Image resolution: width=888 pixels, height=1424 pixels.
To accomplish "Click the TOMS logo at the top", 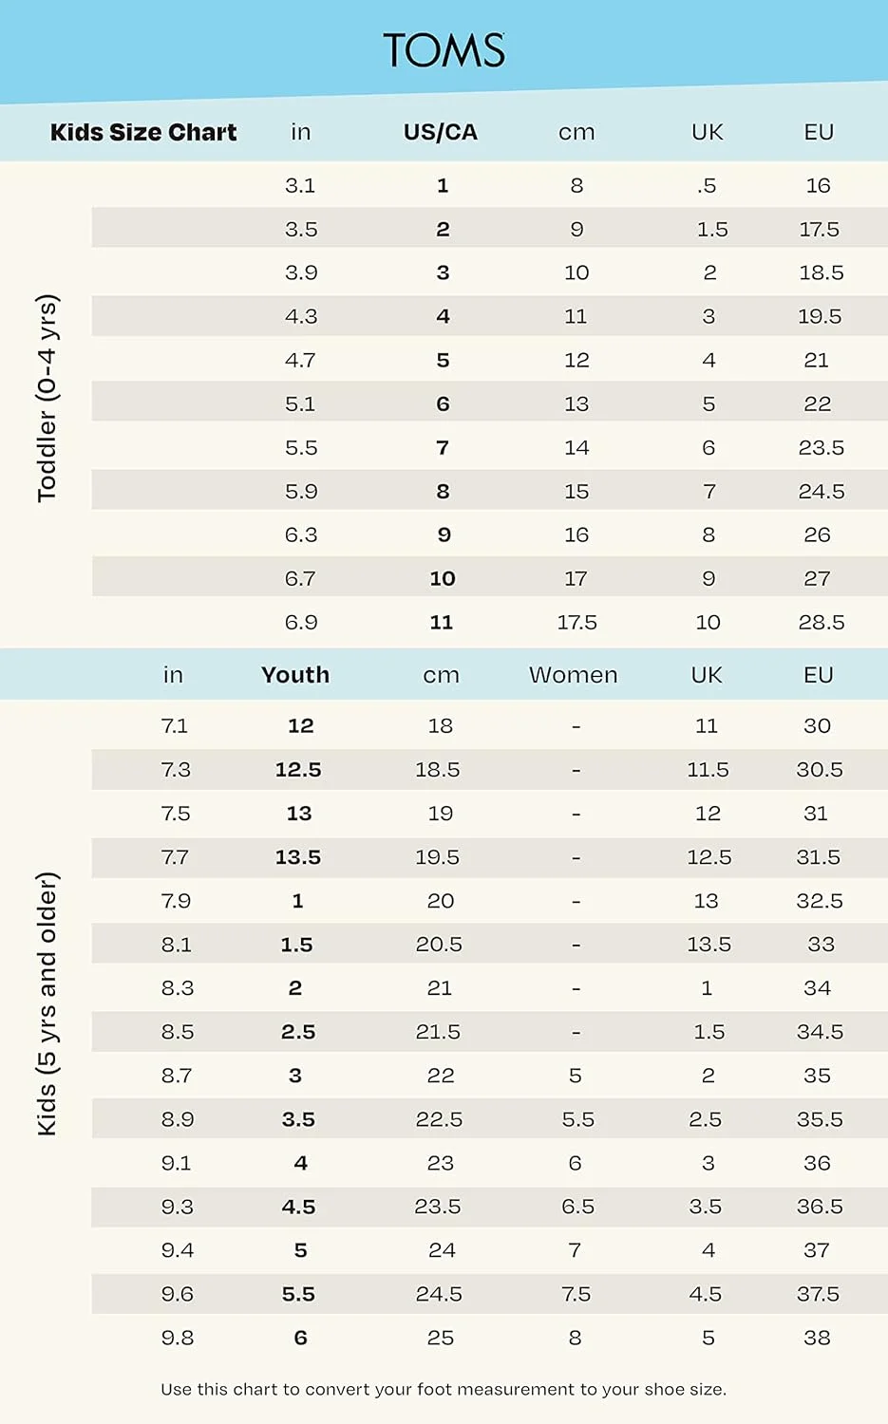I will pyautogui.click(x=444, y=50).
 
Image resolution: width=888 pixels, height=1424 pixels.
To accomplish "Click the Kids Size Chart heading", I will pyautogui.click(x=143, y=132).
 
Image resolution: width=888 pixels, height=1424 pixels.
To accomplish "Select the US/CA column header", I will pyautogui.click(x=441, y=132).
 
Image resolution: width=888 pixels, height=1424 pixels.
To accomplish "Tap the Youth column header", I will pyautogui.click(x=295, y=675).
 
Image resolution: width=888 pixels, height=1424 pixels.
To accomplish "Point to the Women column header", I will pyautogui.click(x=573, y=675).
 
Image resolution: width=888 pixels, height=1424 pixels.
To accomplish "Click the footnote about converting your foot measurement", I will pyautogui.click(x=444, y=1389).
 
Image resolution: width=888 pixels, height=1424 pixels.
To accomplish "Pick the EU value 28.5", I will pyautogui.click(x=821, y=623).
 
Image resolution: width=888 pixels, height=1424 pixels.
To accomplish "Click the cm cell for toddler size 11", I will pyautogui.click(x=576, y=623).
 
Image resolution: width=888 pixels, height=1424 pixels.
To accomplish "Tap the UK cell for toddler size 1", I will pyautogui.click(x=707, y=186).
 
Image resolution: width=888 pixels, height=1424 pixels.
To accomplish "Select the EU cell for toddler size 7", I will pyautogui.click(x=821, y=448).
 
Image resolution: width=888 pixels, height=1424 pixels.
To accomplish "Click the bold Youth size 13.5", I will pyautogui.click(x=298, y=857).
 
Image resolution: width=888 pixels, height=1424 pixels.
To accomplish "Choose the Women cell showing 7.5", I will pyautogui.click(x=576, y=1294).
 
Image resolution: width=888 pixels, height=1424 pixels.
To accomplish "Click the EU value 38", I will pyautogui.click(x=817, y=1338).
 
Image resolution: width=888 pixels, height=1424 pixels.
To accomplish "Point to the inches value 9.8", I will pyautogui.click(x=177, y=1338).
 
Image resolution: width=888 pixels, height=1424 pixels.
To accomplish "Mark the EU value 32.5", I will pyautogui.click(x=819, y=901).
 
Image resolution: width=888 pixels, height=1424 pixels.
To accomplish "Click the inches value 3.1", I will pyautogui.click(x=300, y=186).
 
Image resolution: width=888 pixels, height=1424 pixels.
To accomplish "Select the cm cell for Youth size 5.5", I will pyautogui.click(x=439, y=1294).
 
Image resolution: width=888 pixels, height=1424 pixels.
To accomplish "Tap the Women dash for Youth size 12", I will pyautogui.click(x=576, y=726).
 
